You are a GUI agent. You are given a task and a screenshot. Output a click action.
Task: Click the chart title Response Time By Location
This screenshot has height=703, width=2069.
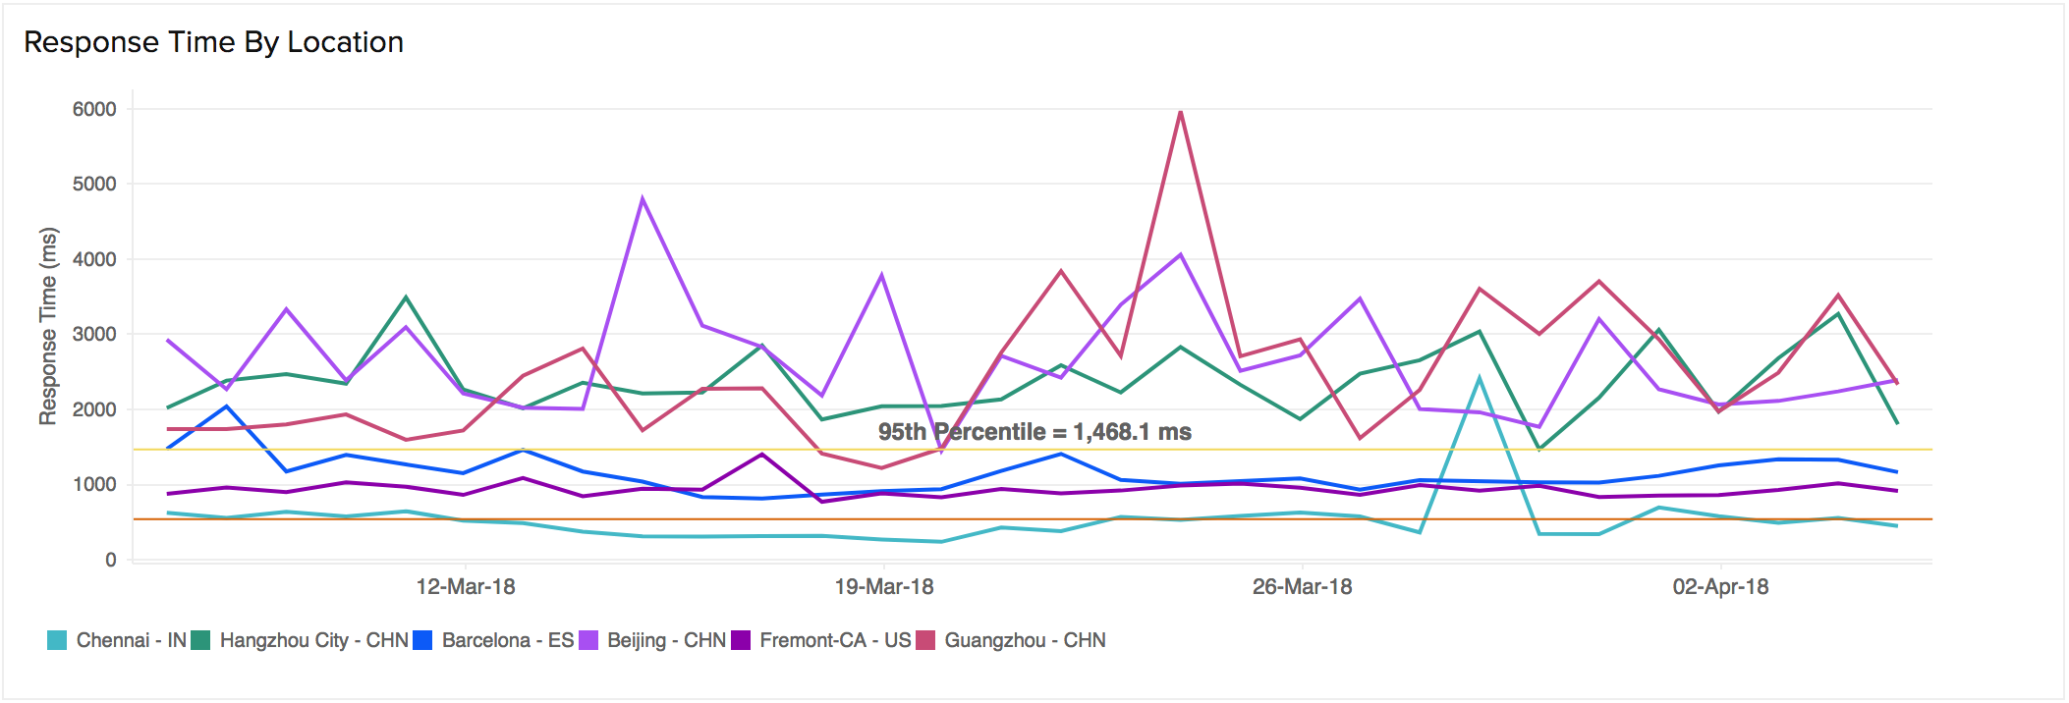click(213, 42)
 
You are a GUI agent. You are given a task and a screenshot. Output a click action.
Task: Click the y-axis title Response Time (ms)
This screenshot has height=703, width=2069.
click(48, 326)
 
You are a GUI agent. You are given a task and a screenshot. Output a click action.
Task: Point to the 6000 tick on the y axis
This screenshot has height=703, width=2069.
click(94, 109)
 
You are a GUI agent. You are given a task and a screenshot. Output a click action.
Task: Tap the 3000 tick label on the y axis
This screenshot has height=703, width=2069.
click(94, 334)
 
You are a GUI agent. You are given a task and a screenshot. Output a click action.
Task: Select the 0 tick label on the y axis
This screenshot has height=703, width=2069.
click(111, 560)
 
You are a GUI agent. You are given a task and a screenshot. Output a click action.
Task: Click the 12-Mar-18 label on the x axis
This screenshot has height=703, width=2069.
click(466, 587)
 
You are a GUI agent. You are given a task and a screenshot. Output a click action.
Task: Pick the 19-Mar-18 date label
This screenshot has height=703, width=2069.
click(884, 587)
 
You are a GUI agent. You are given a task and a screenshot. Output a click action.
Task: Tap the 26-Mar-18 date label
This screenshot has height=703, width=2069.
click(1302, 587)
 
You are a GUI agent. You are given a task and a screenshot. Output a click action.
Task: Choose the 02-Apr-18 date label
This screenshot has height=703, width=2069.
click(1720, 587)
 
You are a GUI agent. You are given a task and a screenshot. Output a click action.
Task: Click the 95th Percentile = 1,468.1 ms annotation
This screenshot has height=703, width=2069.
click(1034, 432)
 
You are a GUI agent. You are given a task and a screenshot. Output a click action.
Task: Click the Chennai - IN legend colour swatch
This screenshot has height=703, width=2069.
click(57, 640)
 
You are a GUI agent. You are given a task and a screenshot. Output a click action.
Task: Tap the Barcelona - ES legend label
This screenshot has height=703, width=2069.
click(507, 640)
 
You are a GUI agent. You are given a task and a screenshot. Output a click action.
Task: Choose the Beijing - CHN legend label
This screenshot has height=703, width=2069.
click(666, 640)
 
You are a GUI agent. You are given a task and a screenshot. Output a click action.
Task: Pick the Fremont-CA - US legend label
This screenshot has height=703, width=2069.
click(835, 640)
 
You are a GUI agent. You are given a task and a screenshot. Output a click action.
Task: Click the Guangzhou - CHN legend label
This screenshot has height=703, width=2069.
click(1025, 640)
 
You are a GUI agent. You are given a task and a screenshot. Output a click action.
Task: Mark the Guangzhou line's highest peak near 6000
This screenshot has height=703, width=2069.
click(1180, 112)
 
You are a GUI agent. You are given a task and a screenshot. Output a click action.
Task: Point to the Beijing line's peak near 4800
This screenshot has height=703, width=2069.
click(643, 198)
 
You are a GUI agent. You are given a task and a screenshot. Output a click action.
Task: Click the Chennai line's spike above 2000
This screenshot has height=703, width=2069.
click(1479, 378)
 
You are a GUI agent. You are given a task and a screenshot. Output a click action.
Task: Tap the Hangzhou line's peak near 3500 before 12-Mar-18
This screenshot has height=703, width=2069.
click(406, 297)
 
